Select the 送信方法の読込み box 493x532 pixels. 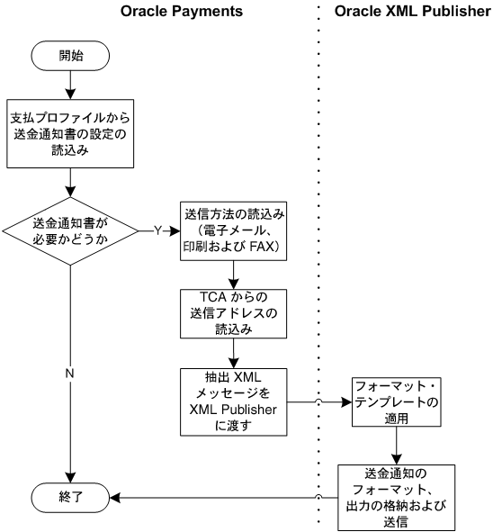tap(234, 231)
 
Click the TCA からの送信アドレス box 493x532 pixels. tap(234, 312)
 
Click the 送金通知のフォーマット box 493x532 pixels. tap(395, 494)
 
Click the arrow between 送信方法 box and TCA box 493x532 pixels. tap(234, 273)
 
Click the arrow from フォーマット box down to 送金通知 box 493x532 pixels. tap(395, 446)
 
